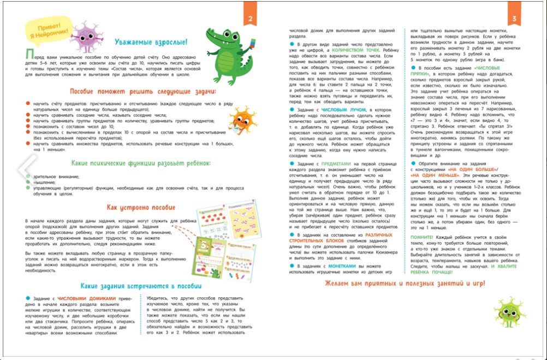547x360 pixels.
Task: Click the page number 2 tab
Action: pyautogui.click(x=249, y=20)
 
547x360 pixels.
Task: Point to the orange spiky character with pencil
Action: pyautogui.click(x=240, y=121)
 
